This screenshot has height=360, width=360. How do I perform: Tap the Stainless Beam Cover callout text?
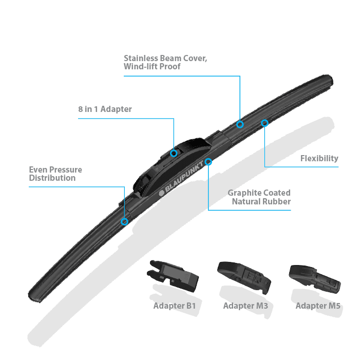tap(165, 62)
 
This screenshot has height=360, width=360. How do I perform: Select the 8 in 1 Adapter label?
tap(104, 109)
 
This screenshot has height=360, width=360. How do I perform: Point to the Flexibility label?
tap(319, 158)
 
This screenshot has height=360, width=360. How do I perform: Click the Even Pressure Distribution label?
tap(55, 174)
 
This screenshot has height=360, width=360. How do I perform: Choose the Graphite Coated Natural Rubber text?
tap(259, 197)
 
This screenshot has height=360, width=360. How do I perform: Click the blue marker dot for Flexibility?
tap(264, 123)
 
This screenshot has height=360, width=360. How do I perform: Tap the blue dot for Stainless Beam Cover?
tap(240, 124)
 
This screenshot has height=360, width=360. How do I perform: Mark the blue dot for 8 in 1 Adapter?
tap(174, 153)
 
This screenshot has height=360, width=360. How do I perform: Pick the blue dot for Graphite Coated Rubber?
tap(209, 162)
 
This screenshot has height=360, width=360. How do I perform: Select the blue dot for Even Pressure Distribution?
tap(124, 221)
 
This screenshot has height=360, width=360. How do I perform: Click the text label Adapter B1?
tap(174, 307)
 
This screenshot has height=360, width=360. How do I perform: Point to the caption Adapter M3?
tap(245, 307)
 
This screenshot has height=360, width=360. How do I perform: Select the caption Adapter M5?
tap(318, 307)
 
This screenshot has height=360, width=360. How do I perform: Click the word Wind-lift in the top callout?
tap(142, 67)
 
